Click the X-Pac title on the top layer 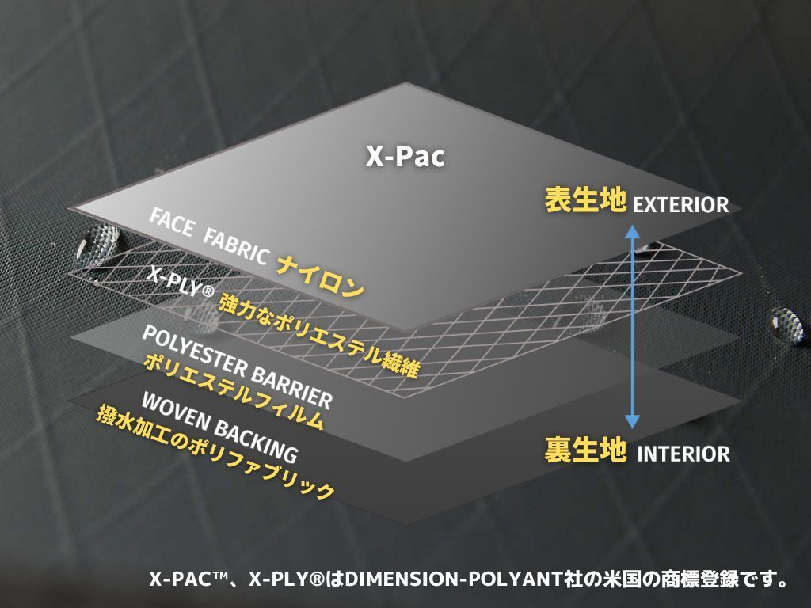[405, 157]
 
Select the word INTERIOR [683, 454]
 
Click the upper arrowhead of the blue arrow [632, 231]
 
